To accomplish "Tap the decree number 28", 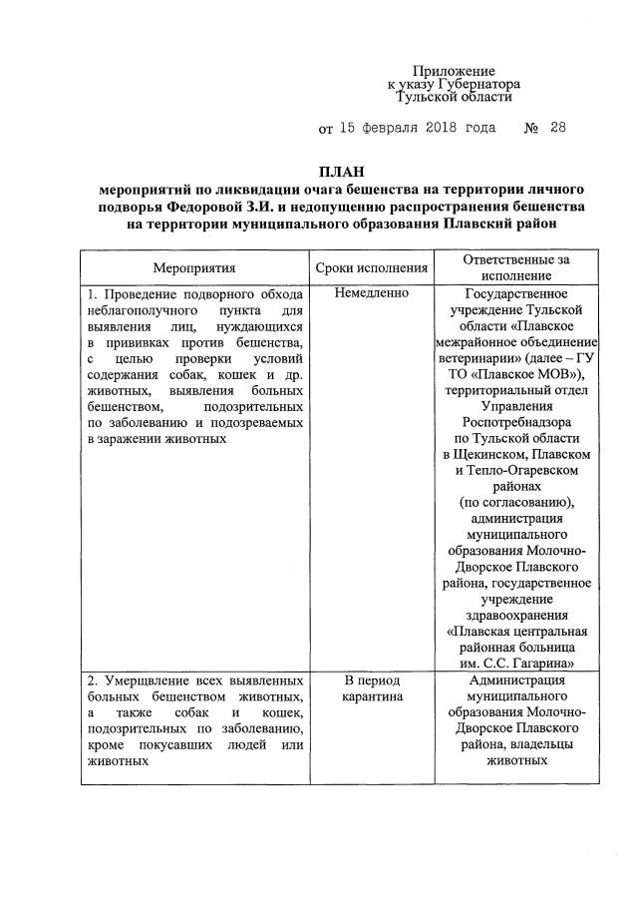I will pyautogui.click(x=556, y=128).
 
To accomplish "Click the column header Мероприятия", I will pyautogui.click(x=194, y=268).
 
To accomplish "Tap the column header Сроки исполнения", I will pyautogui.click(x=372, y=268).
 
